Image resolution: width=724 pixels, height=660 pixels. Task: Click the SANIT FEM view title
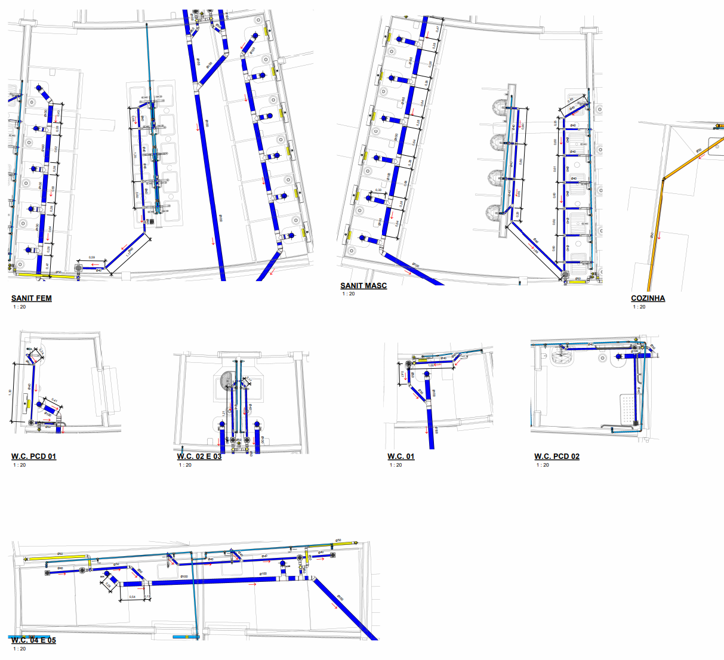(32, 298)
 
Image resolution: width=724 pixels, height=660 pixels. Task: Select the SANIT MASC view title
(363, 286)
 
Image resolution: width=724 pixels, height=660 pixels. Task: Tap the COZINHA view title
(648, 298)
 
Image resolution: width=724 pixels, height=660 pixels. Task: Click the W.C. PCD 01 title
(33, 457)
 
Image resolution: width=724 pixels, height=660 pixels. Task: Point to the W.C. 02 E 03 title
(199, 457)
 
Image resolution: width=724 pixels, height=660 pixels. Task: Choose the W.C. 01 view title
(400, 457)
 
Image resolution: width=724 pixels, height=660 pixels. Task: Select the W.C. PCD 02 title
(556, 457)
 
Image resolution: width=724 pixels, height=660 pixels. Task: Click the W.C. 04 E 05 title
(33, 640)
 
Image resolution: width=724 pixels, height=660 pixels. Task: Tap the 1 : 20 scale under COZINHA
(639, 307)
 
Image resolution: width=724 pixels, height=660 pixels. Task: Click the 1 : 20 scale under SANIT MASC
(348, 294)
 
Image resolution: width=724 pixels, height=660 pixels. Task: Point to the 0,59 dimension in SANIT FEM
(92, 257)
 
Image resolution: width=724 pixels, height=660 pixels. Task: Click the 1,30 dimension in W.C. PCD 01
(10, 392)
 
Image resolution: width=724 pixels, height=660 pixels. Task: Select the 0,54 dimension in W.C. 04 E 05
(132, 597)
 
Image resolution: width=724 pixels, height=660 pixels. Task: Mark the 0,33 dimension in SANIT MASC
(378, 190)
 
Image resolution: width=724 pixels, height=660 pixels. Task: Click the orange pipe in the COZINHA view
(657, 227)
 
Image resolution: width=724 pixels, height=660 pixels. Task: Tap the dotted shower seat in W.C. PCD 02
(627, 409)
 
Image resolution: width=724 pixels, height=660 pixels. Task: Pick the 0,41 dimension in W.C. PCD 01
(54, 400)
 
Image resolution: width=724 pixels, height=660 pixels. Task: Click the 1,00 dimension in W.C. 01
(431, 365)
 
